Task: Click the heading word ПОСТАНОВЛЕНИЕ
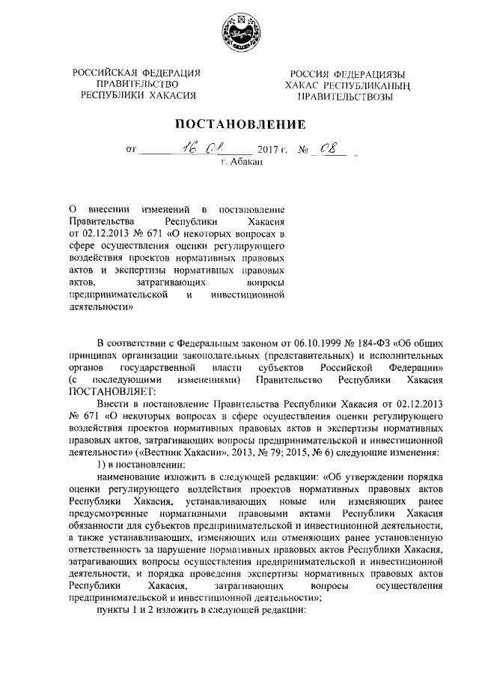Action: tap(239, 123)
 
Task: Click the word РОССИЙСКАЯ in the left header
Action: tap(104, 73)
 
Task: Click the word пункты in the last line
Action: tap(115, 610)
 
